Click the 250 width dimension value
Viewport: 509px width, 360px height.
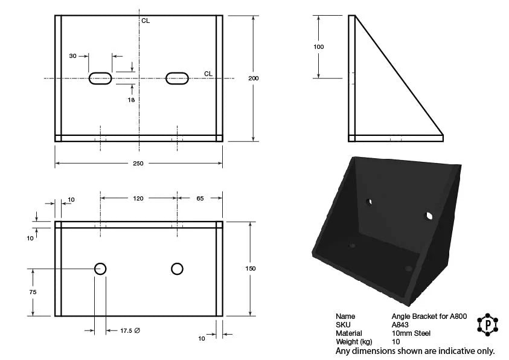(x=138, y=163)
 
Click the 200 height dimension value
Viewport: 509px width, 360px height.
(x=254, y=79)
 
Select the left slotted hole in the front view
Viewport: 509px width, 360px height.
(x=100, y=79)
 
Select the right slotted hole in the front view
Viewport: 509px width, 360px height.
(x=177, y=79)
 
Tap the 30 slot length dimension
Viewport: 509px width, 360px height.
(x=72, y=56)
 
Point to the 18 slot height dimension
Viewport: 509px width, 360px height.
(x=131, y=100)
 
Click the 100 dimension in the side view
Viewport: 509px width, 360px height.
(x=318, y=47)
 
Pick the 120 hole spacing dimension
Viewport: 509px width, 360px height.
(x=138, y=198)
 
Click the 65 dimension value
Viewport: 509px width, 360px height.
(x=200, y=198)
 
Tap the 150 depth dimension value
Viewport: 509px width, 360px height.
(x=251, y=268)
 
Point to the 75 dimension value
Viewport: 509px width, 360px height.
(x=33, y=292)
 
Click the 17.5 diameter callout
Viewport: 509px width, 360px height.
(x=130, y=330)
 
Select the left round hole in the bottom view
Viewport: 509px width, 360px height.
(x=100, y=269)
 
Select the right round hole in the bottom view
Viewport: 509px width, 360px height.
(x=177, y=269)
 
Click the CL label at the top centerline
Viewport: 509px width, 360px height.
(x=146, y=21)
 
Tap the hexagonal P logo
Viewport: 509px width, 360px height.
(x=488, y=324)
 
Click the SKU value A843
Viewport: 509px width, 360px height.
(x=400, y=324)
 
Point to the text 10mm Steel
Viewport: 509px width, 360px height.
(x=411, y=333)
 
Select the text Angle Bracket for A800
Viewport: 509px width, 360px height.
(x=429, y=316)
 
